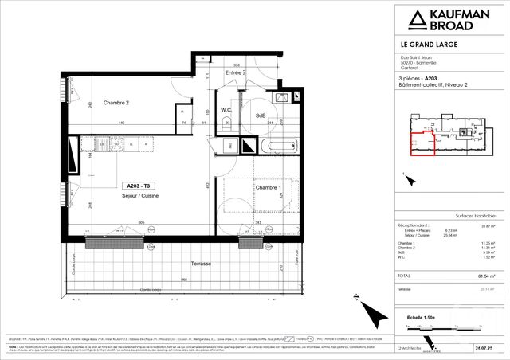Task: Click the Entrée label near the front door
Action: (233, 72)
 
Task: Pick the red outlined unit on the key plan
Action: (422, 143)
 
